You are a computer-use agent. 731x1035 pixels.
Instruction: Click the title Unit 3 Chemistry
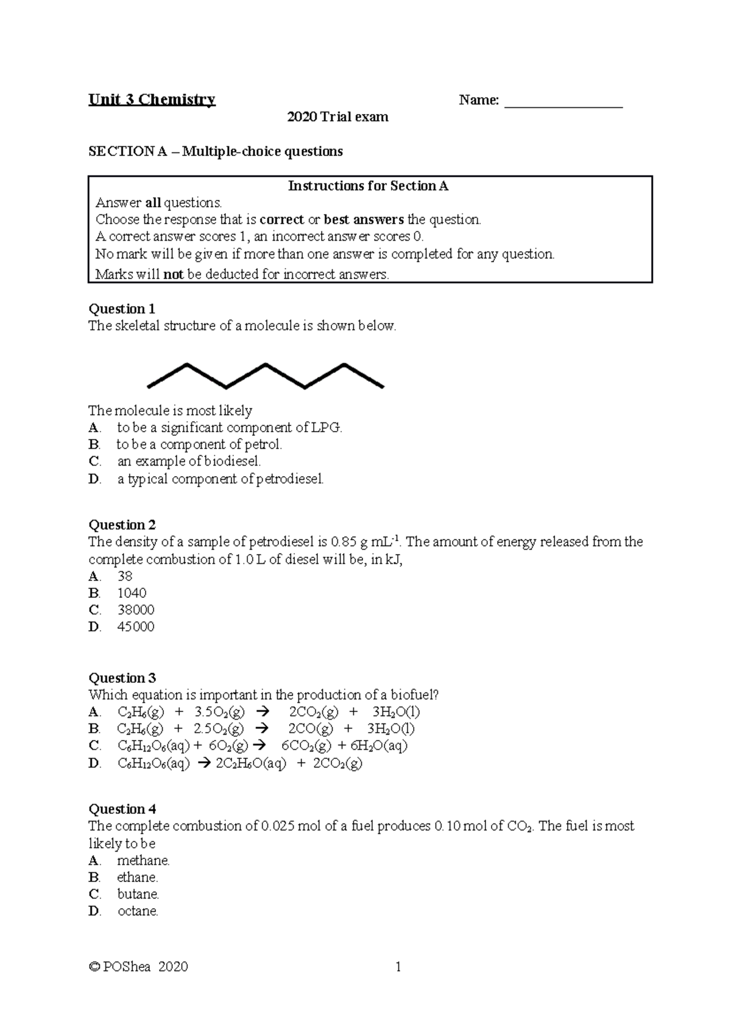(x=152, y=100)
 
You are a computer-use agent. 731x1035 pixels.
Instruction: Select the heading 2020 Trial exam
(x=337, y=117)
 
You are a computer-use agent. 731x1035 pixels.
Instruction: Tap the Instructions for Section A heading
(x=368, y=186)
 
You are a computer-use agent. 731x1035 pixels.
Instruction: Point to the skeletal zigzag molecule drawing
(x=266, y=376)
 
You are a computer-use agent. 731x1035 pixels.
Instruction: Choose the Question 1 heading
(x=122, y=308)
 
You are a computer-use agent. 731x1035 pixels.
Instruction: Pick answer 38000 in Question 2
(x=135, y=610)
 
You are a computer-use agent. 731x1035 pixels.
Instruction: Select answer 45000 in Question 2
(x=135, y=627)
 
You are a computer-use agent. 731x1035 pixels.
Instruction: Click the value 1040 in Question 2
(x=132, y=592)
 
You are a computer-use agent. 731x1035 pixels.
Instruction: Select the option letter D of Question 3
(x=94, y=763)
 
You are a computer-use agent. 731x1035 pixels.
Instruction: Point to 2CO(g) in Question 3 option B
(x=311, y=728)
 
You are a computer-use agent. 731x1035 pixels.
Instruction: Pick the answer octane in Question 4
(x=137, y=911)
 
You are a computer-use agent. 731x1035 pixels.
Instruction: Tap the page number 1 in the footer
(x=398, y=966)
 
